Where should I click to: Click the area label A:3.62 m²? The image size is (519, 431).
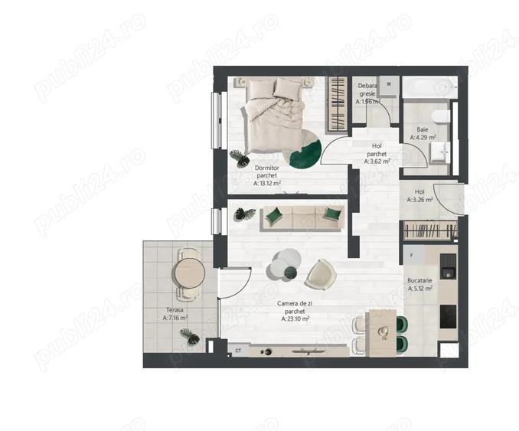377,162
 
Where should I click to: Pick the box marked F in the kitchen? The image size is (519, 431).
412,256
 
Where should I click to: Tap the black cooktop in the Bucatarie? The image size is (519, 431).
448,315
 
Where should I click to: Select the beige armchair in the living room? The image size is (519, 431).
319,273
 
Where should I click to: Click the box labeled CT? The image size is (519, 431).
238,351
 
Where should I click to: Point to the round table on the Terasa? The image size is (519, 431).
188,272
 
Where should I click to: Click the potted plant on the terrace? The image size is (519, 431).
188,335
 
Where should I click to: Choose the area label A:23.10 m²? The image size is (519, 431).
294,320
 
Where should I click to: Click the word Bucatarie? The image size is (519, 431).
420,281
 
